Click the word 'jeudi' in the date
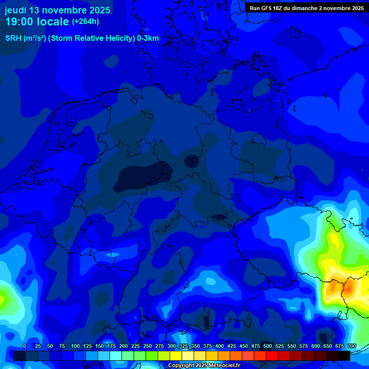click(x=15, y=10)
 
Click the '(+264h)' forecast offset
click(x=86, y=22)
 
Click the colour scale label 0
click(x=25, y=346)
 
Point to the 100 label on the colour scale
click(x=75, y=346)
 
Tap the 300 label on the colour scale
click(x=172, y=346)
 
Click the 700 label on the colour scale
click(x=351, y=346)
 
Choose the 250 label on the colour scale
click(x=148, y=346)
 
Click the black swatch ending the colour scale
click(x=344, y=356)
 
